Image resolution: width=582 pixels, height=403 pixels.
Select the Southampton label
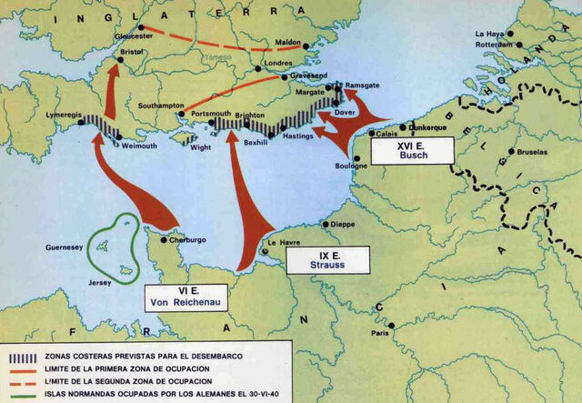tap(162, 106)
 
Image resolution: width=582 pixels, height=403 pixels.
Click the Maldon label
tap(288, 42)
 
